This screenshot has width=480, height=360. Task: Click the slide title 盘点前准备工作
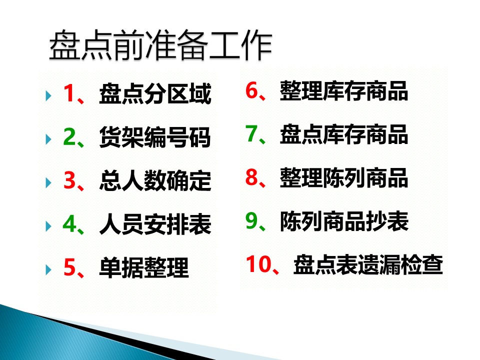click(160, 45)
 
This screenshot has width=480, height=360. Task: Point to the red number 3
click(69, 180)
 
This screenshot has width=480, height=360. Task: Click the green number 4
click(69, 224)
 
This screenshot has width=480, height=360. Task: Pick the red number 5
click(69, 267)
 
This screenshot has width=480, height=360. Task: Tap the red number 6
click(251, 90)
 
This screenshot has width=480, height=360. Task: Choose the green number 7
click(251, 134)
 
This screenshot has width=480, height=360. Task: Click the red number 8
click(251, 177)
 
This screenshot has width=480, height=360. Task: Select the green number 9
click(251, 220)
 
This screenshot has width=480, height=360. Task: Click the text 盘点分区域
click(155, 93)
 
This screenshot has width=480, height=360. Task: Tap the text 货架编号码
click(155, 137)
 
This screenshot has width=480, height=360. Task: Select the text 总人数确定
click(155, 180)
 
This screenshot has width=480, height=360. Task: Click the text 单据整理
click(144, 268)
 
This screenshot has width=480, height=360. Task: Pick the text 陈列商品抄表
click(344, 220)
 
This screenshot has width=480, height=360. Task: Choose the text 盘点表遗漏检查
click(368, 264)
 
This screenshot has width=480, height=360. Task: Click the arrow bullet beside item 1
click(48, 95)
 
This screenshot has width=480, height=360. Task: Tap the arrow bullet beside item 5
click(48, 270)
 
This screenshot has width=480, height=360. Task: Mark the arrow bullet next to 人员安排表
click(48, 226)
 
